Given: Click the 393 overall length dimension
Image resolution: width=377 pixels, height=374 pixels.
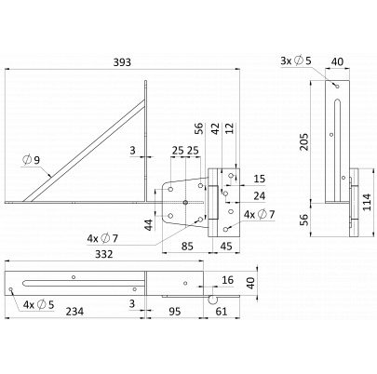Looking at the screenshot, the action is pyautogui.click(x=122, y=62).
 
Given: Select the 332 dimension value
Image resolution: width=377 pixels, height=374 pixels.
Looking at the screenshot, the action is pyautogui.click(x=103, y=254).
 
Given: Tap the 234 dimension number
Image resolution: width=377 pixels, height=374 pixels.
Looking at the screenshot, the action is pyautogui.click(x=74, y=311).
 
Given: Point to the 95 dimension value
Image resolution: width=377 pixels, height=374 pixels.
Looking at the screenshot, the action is pyautogui.click(x=175, y=311).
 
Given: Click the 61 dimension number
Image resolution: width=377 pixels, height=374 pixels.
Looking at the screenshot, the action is pyautogui.click(x=222, y=311).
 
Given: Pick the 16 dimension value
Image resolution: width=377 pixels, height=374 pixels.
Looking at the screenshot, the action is pyautogui.click(x=228, y=280).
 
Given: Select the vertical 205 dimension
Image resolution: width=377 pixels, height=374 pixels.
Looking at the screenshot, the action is pyautogui.click(x=304, y=141).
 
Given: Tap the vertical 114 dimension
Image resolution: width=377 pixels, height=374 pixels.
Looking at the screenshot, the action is pyautogui.click(x=367, y=202).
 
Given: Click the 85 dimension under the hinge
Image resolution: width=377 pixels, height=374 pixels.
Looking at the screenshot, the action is pyautogui.click(x=187, y=247).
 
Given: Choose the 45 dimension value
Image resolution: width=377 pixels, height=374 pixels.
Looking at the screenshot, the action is pyautogui.click(x=226, y=247).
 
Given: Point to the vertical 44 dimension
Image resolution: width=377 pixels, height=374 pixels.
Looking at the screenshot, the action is pyautogui.click(x=149, y=225).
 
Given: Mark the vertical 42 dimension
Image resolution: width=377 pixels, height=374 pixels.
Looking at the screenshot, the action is pyautogui.click(x=215, y=128).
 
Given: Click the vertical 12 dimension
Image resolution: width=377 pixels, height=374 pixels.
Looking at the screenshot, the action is pyautogui.click(x=229, y=128).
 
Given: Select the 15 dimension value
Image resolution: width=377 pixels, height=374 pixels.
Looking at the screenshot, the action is pyautogui.click(x=260, y=179).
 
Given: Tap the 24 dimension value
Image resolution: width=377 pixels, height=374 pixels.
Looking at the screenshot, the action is pyautogui.click(x=260, y=195).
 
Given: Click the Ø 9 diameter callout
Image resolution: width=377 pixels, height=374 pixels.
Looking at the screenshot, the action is pyautogui.click(x=32, y=160).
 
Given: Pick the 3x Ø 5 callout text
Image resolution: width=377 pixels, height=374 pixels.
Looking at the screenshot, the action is pyautogui.click(x=295, y=60).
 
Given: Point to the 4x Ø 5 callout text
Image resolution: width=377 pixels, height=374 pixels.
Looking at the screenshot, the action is pyautogui.click(x=39, y=305).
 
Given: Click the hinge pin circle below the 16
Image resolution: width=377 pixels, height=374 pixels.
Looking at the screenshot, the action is pyautogui.click(x=213, y=301).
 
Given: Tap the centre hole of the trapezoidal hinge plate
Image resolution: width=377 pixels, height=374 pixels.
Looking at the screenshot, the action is pyautogui.click(x=185, y=203).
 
